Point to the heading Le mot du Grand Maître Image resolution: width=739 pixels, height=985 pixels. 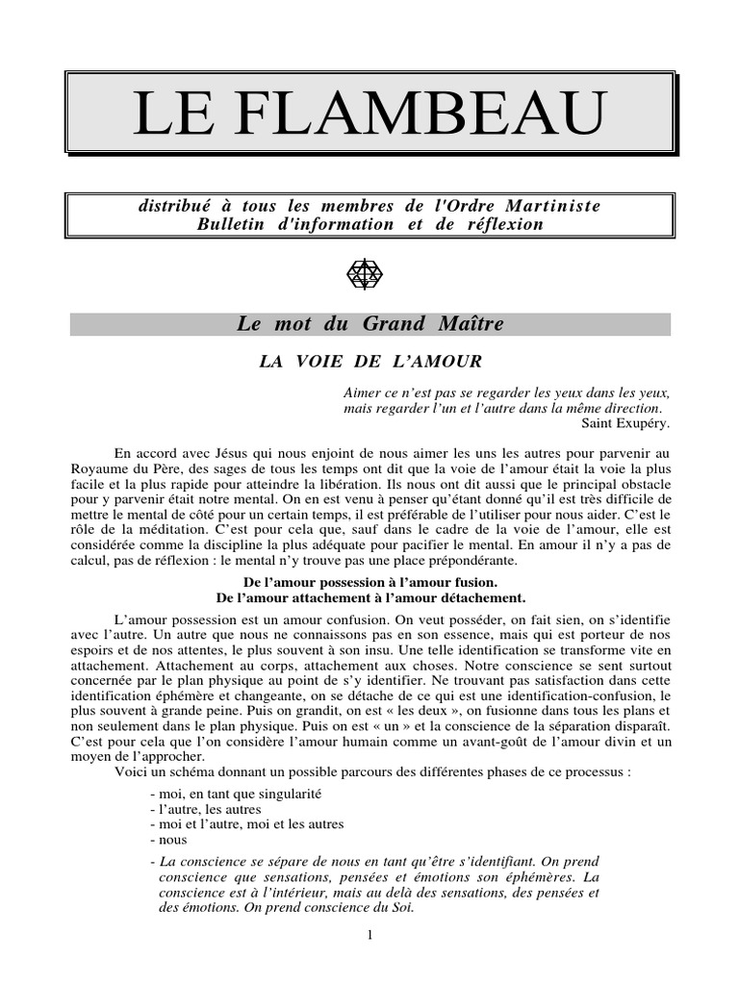coord(369,324)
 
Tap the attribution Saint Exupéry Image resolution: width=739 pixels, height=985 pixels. coord(625,422)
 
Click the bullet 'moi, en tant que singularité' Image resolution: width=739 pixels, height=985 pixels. coord(236,795)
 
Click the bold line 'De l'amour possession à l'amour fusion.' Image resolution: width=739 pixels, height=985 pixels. coord(370,583)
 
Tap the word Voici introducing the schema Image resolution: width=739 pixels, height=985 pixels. coord(132,772)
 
